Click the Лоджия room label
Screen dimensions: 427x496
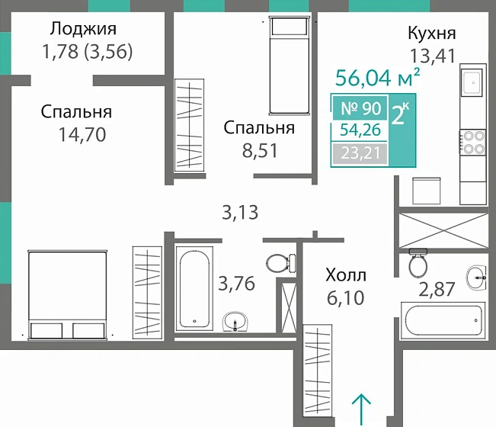83,30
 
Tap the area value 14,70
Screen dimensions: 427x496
81,136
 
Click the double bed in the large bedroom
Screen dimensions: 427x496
66,294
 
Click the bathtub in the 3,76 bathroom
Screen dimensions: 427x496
195,287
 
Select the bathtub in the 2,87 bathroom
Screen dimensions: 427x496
443,318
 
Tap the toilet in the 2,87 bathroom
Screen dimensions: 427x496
418,264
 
